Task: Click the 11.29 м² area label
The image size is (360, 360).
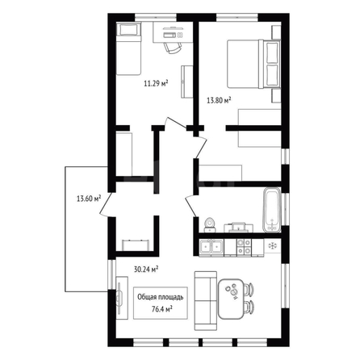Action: pyautogui.click(x=156, y=83)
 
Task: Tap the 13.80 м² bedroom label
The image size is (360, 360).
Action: pyautogui.click(x=219, y=101)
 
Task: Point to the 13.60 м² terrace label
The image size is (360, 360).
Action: pyautogui.click(x=89, y=199)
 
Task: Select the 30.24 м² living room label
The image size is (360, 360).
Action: pyautogui.click(x=146, y=269)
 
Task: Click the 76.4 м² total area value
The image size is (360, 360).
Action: pyautogui.click(x=162, y=309)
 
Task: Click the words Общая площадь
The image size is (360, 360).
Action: pyautogui.click(x=161, y=297)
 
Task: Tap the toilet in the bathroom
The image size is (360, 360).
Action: pyautogui.click(x=210, y=225)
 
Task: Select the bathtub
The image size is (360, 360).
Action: pyautogui.click(x=272, y=210)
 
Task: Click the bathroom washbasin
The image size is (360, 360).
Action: pyautogui.click(x=239, y=227)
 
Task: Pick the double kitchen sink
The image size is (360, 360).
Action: pyautogui.click(x=211, y=247)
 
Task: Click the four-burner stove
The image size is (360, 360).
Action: pyautogui.click(x=244, y=247)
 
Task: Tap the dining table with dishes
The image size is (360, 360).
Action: pyautogui.click(x=231, y=299)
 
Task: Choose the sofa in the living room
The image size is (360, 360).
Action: pyautogui.click(x=206, y=301)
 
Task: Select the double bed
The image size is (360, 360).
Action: pyautogui.click(x=254, y=64)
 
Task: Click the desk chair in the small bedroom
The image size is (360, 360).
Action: pyautogui.click(x=172, y=48)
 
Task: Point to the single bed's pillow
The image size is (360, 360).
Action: pyautogui.click(x=129, y=30)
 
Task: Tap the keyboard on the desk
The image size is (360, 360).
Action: pyautogui.click(x=170, y=35)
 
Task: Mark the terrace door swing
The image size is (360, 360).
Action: pyautogui.click(x=105, y=204)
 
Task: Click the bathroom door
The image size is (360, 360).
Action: pyautogui.click(x=191, y=205)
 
